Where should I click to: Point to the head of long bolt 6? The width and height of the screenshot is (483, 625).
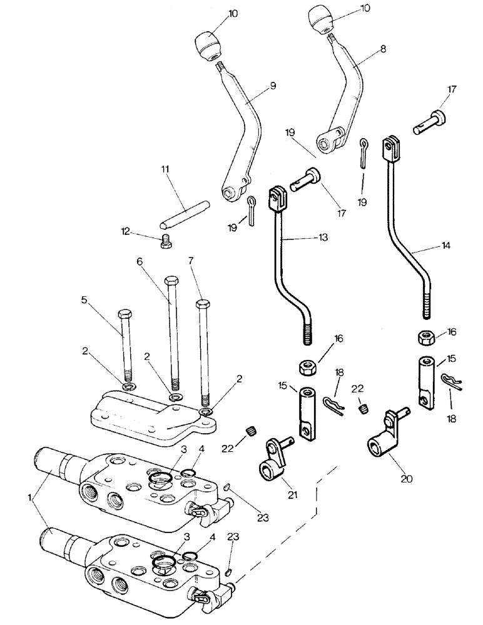(x=171, y=280)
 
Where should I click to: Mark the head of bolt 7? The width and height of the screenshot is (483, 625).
(x=202, y=304)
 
